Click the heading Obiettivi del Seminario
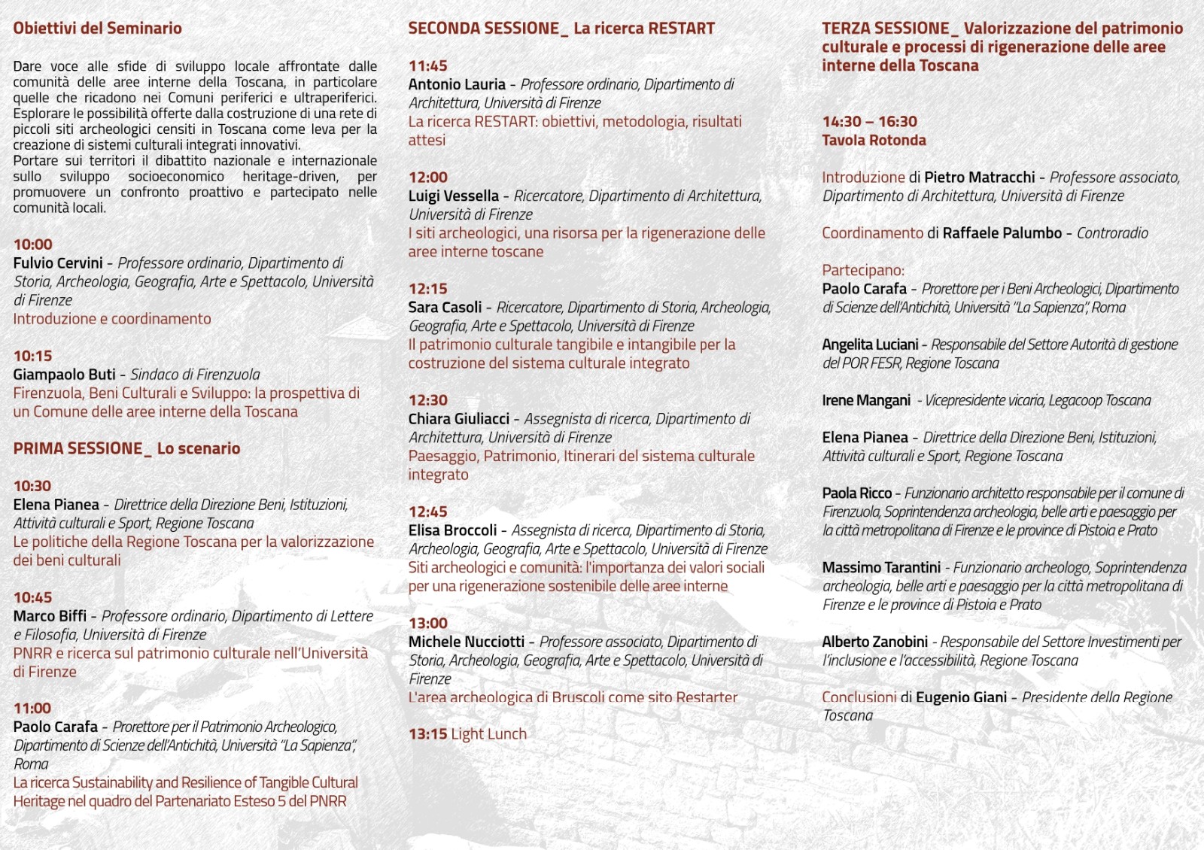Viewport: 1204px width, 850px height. (x=97, y=29)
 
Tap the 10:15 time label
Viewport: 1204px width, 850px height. (x=32, y=356)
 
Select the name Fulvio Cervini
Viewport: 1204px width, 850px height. (x=58, y=263)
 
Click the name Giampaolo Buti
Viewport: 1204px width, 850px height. (x=64, y=375)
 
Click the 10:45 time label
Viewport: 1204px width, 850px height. (x=32, y=597)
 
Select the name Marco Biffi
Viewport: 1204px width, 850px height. (x=50, y=616)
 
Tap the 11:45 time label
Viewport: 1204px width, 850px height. (x=427, y=66)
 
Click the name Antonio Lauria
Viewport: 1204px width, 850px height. (x=457, y=84)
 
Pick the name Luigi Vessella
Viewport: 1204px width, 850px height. (x=453, y=196)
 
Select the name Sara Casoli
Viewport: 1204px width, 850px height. (x=445, y=308)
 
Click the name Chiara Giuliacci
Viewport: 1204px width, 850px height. (x=458, y=419)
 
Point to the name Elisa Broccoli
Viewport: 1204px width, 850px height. (x=452, y=530)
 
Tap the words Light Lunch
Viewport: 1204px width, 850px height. (x=488, y=734)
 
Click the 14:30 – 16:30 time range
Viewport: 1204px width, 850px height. (x=869, y=122)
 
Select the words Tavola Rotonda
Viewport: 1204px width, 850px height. (x=874, y=141)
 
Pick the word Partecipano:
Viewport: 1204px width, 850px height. (x=862, y=270)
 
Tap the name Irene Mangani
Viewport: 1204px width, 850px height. (x=866, y=401)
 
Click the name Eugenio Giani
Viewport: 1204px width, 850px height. (x=961, y=697)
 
